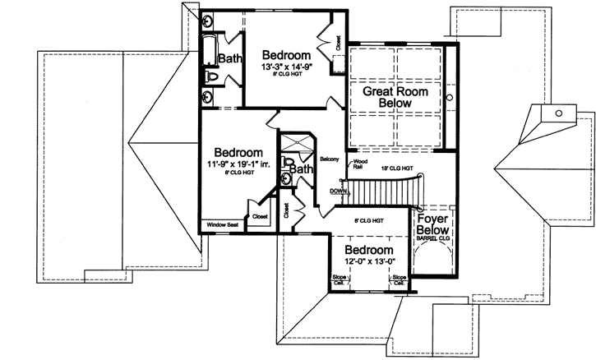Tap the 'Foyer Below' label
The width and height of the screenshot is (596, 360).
click(432, 226)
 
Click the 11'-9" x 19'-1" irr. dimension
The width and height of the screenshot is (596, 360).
click(238, 165)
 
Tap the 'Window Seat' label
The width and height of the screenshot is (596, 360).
click(222, 224)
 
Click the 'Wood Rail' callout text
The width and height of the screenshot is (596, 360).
click(359, 164)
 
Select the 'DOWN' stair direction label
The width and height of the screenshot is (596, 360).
click(338, 191)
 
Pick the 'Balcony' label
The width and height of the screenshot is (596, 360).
click(330, 159)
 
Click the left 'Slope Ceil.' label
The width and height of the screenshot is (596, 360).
click(338, 281)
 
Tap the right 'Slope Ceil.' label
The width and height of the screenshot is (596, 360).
click(400, 281)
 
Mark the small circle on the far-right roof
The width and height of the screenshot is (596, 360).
click(557, 113)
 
